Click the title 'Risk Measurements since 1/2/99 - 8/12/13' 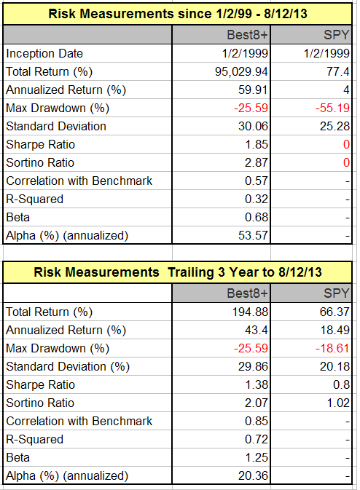178,14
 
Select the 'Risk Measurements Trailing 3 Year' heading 178,272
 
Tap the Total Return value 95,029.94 241,72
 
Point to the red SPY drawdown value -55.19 332,108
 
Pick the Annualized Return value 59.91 253,90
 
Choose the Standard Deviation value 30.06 253,126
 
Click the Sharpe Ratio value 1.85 257,144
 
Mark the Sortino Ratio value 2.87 257,162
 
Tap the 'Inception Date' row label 44,53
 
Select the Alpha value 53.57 253,235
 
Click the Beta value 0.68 257,217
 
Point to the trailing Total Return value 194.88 250,312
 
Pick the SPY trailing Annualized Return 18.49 334,330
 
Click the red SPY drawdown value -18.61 332,348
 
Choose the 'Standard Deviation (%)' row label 68,366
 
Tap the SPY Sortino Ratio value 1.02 338,403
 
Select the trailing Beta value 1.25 257,457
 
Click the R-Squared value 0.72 257,439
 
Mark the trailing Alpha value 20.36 253,475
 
